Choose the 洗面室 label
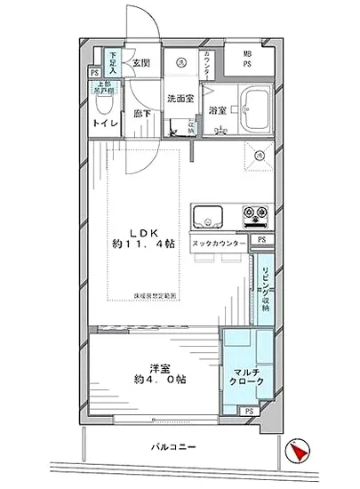[178, 100]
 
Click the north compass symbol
[298, 453]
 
